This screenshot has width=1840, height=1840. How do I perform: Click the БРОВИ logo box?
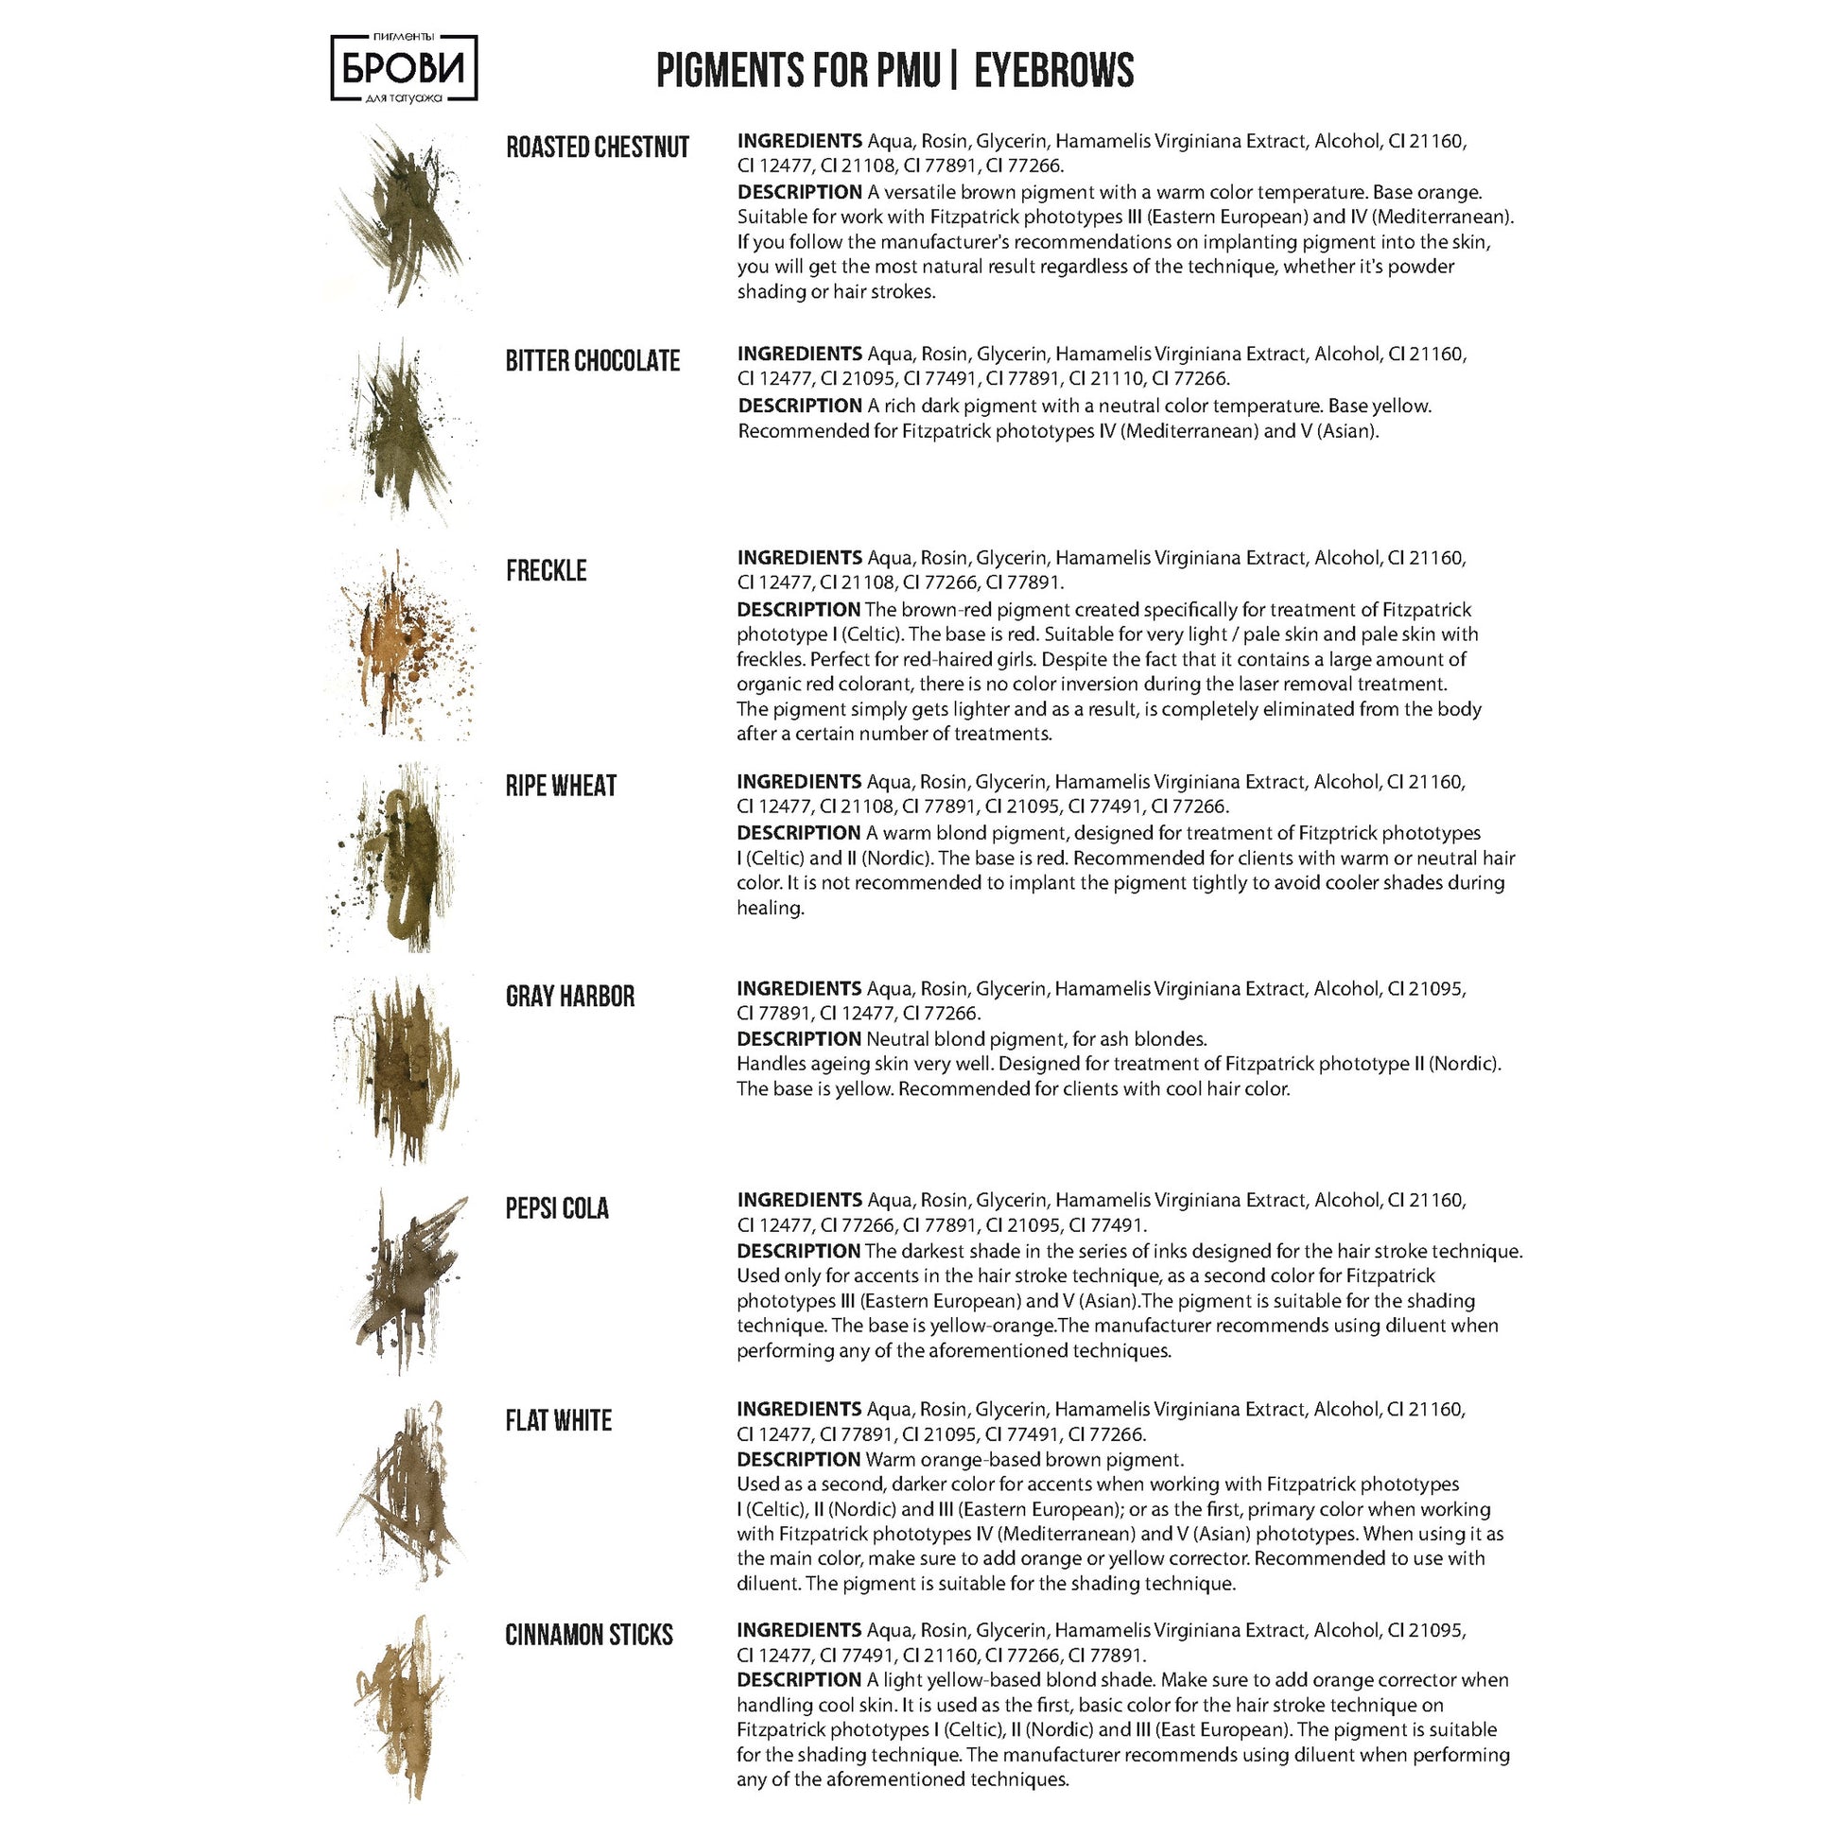click(x=404, y=68)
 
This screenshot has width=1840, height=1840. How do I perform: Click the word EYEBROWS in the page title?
click(x=1053, y=72)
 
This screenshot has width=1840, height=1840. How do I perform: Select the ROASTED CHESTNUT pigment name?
click(x=598, y=148)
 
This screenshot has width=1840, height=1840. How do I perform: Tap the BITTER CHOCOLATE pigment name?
click(x=593, y=361)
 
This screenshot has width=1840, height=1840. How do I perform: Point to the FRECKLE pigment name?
click(x=546, y=570)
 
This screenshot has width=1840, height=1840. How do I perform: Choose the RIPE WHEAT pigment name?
click(x=561, y=786)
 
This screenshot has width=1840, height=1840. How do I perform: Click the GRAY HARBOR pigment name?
click(x=569, y=997)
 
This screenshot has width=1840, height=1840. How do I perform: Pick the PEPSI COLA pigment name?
click(x=556, y=1208)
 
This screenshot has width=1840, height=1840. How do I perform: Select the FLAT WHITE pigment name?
click(x=558, y=1421)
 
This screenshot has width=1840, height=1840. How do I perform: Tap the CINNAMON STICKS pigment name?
click(x=588, y=1635)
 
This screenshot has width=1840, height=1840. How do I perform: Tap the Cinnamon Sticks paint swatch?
click(x=405, y=1705)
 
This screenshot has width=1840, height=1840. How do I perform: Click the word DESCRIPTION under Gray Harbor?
click(x=798, y=1039)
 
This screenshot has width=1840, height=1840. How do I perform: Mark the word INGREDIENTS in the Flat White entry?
click(x=799, y=1409)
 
